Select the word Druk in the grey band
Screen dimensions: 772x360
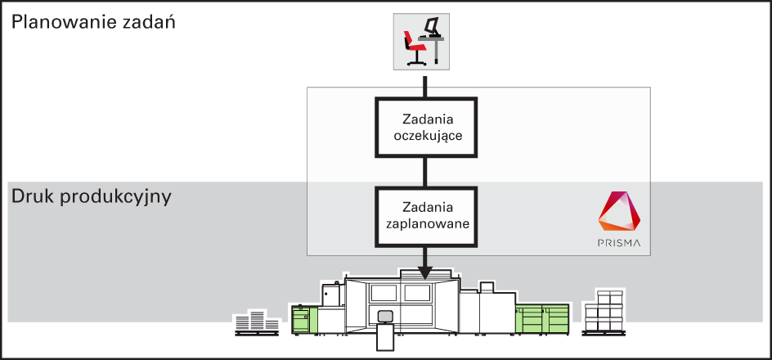(32, 196)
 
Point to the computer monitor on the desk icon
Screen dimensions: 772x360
(431, 26)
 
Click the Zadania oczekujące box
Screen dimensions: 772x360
(426, 127)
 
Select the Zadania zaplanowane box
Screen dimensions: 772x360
(426, 216)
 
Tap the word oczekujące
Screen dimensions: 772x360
(427, 136)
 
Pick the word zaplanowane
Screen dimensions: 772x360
(426, 223)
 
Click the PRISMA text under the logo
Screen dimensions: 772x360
(620, 243)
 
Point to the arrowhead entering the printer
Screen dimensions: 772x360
(426, 273)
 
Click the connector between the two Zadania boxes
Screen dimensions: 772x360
(426, 172)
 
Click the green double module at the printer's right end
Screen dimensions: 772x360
(542, 317)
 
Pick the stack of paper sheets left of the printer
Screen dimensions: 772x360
(256, 322)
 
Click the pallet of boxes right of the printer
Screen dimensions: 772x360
(604, 313)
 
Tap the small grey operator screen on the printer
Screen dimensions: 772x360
(385, 316)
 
